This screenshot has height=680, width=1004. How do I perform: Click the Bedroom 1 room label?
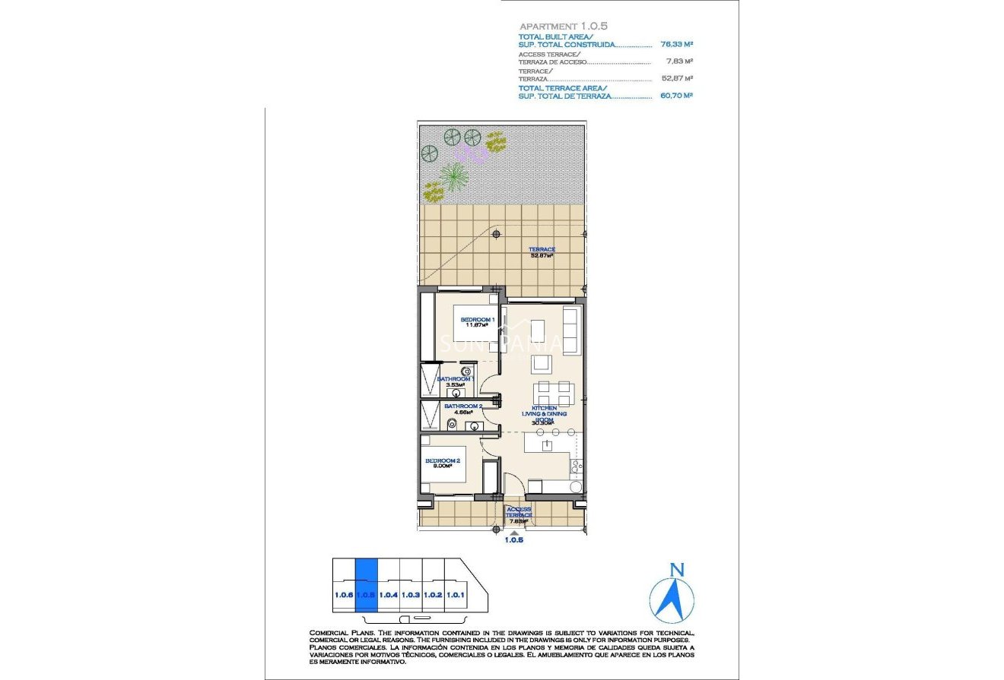(x=478, y=323)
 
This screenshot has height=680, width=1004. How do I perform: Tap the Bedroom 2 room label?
(x=442, y=463)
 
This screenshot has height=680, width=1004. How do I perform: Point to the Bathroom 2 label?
(x=463, y=409)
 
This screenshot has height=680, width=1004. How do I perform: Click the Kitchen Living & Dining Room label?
(x=543, y=415)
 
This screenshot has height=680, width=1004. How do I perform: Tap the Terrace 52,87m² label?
(x=542, y=252)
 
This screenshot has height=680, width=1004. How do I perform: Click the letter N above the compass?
(x=677, y=570)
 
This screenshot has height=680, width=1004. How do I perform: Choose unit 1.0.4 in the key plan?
(x=389, y=595)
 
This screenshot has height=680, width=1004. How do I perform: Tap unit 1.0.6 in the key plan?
(x=343, y=595)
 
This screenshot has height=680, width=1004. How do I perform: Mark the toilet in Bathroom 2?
(x=451, y=424)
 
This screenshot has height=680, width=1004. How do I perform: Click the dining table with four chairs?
(x=553, y=393)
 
